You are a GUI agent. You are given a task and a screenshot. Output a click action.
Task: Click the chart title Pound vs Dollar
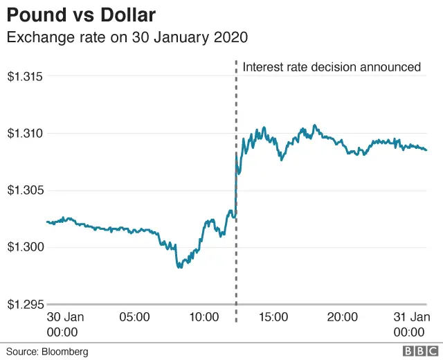coord(81,15)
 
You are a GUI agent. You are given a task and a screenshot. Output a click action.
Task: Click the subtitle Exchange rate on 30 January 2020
coord(127,37)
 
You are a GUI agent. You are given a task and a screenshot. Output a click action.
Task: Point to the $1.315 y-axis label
coord(25,76)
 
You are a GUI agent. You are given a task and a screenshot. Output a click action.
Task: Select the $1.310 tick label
coord(25,133)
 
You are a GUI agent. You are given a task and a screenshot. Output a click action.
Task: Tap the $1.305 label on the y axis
coord(25,190)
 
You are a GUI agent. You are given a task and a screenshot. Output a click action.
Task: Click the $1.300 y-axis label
coord(25,247)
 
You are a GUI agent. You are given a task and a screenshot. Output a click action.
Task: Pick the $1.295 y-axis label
coord(25,304)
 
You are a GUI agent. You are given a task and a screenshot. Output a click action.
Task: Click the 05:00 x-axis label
coord(134,317)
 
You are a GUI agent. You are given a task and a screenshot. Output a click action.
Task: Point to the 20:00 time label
coord(342,317)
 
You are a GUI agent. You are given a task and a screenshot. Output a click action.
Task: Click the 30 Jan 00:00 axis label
coord(65,324)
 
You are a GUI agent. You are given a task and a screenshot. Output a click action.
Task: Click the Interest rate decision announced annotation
coord(332,67)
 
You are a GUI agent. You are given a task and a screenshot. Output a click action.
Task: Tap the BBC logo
coord(418,351)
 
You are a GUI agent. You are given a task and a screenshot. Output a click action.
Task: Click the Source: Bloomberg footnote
coord(48,352)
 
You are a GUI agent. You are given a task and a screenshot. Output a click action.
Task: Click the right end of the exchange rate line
coord(426,150)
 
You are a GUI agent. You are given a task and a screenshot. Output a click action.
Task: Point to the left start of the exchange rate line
coord(46,222)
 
